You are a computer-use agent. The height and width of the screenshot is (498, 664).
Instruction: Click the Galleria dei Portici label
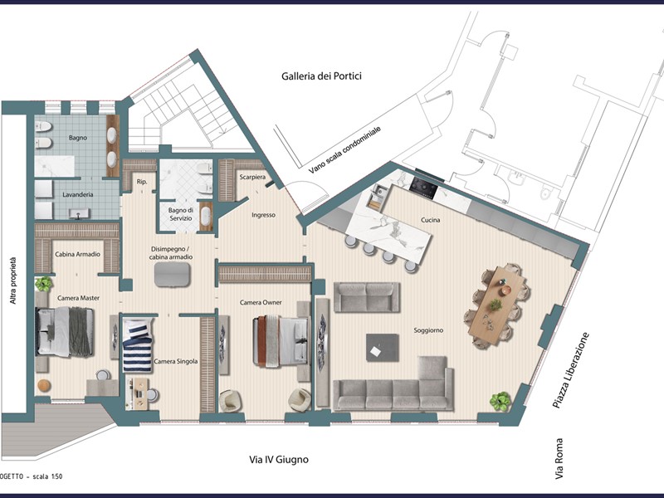tap(321, 76)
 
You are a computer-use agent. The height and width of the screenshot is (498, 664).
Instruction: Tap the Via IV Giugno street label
tap(279, 460)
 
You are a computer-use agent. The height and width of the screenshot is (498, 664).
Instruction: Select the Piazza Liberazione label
tap(571, 370)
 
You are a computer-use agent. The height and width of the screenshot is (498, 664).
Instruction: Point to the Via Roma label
tap(559, 459)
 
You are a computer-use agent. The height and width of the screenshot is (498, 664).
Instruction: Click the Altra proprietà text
tap(13, 281)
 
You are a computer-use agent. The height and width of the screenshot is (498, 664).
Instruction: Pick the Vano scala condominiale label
tap(344, 150)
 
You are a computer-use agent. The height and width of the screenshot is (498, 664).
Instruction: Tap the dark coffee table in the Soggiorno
tap(383, 348)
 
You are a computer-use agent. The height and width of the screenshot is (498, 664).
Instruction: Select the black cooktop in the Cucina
tap(424, 188)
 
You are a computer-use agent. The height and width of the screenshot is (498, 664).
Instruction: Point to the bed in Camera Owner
tap(281, 340)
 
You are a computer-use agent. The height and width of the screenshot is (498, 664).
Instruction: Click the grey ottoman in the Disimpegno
tap(172, 275)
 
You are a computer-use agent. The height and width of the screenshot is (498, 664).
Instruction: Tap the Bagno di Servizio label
tap(181, 214)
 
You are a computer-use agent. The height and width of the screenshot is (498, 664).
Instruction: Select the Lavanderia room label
tap(78, 195)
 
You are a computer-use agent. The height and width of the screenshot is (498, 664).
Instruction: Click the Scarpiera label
tap(252, 177)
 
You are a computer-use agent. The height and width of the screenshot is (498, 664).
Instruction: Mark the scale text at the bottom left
tap(32, 476)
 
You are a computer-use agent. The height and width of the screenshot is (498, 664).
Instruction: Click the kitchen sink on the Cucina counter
tap(377, 197)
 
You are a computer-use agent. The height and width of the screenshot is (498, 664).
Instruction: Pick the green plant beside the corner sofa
tap(500, 401)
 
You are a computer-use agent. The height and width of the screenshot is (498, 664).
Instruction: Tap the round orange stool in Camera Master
tap(44, 385)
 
